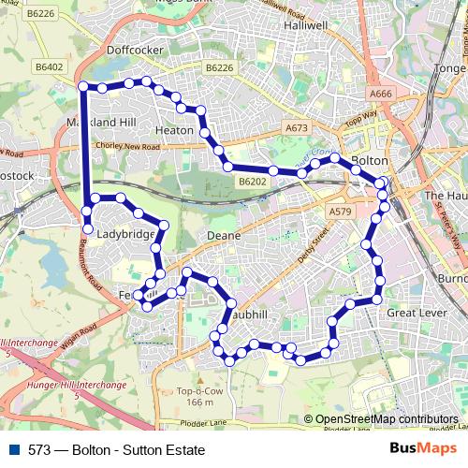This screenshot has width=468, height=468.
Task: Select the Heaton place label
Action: (x=174, y=131)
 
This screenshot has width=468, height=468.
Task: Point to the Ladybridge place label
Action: (x=124, y=234)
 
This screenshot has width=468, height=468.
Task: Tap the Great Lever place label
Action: (x=414, y=313)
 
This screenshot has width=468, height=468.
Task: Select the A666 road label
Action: (x=381, y=94)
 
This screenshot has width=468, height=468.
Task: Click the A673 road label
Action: (x=296, y=127)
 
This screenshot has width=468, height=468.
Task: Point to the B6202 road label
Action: (x=253, y=182)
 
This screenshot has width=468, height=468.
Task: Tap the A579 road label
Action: (x=340, y=212)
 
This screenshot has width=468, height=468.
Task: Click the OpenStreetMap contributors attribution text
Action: (x=387, y=419)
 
